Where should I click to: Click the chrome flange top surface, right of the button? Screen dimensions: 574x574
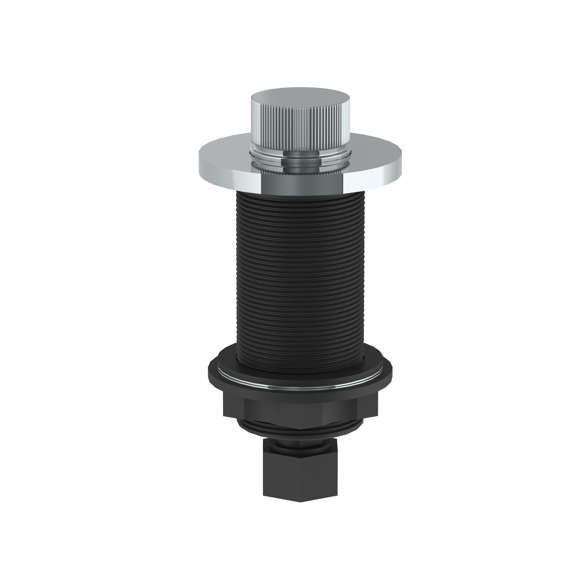click(x=376, y=150)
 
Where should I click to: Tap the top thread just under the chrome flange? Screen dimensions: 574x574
click(x=300, y=195)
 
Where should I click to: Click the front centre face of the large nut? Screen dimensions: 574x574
click(x=300, y=411)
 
